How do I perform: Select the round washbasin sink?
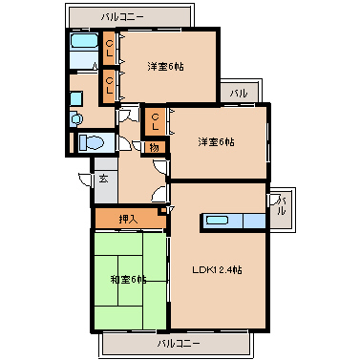77,119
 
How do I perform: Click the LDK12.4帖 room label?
218,270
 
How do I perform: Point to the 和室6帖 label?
127,279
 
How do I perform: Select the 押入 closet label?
128,219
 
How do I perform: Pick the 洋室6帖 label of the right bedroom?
217,142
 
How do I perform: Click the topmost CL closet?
111,44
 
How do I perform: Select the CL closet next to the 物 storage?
154,121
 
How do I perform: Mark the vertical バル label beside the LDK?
280,211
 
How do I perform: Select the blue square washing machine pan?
77,97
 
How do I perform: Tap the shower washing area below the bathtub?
84,61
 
